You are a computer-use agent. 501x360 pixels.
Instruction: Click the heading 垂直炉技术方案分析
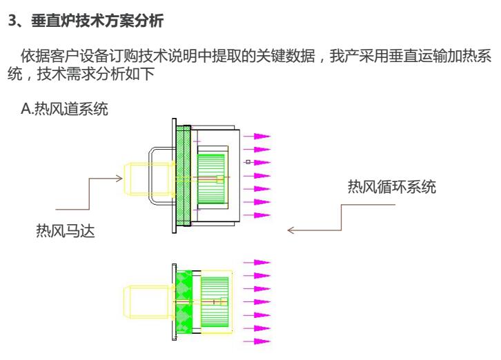97,22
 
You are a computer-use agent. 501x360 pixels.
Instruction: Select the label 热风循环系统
391,188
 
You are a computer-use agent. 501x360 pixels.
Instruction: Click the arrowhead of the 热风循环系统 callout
291,230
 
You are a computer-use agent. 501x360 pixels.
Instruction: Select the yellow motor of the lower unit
141,301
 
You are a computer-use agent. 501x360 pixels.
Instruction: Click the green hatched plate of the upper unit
184,176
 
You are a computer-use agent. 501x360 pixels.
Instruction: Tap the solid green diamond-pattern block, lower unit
184,301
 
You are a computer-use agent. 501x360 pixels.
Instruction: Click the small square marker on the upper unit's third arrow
248,163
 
